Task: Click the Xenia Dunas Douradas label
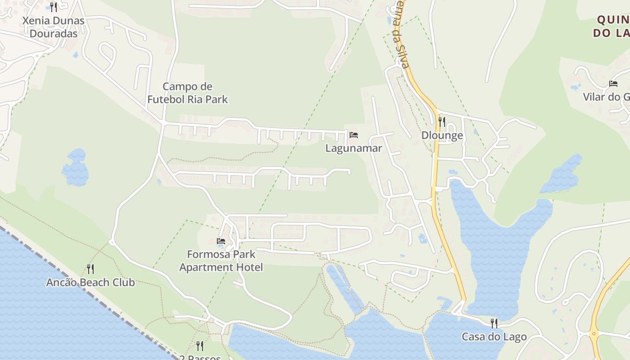pyautogui.click(x=53, y=27)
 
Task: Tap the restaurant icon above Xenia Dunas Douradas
pyautogui.click(x=54, y=7)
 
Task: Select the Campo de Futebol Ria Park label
pyautogui.click(x=188, y=93)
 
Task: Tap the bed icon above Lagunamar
pyautogui.click(x=354, y=135)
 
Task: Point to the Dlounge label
pyautogui.click(x=442, y=135)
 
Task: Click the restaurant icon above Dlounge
pyautogui.click(x=442, y=121)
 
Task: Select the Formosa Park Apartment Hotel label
pyautogui.click(x=221, y=261)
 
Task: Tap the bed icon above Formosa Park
pyautogui.click(x=221, y=241)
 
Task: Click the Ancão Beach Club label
pyautogui.click(x=90, y=283)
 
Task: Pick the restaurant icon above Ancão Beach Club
pyautogui.click(x=90, y=269)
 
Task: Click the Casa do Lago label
pyautogui.click(x=494, y=337)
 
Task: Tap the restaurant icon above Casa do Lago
pyautogui.click(x=494, y=323)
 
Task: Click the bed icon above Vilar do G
pyautogui.click(x=613, y=83)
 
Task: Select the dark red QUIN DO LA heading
pyautogui.click(x=612, y=26)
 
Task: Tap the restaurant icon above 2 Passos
pyautogui.click(x=200, y=346)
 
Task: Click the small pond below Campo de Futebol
pyautogui.click(x=75, y=168)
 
